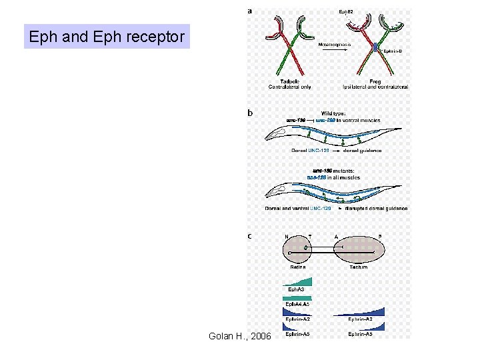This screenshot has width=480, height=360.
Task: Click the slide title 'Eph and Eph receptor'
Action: click(107, 37)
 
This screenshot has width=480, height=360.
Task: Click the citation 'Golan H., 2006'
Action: click(239, 336)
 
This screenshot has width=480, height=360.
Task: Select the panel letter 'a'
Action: click(250, 11)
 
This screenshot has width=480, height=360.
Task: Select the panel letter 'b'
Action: click(250, 113)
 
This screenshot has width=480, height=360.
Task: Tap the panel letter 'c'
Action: click(250, 235)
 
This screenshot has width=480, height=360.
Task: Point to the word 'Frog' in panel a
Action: click(375, 81)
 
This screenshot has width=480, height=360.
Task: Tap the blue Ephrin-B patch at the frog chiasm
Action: click(375, 48)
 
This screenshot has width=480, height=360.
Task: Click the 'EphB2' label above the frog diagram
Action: click(347, 12)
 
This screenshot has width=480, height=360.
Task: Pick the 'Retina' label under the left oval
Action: click(297, 267)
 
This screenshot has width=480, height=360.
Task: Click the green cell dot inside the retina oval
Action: click(305, 247)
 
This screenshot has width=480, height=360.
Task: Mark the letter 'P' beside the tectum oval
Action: click(380, 236)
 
